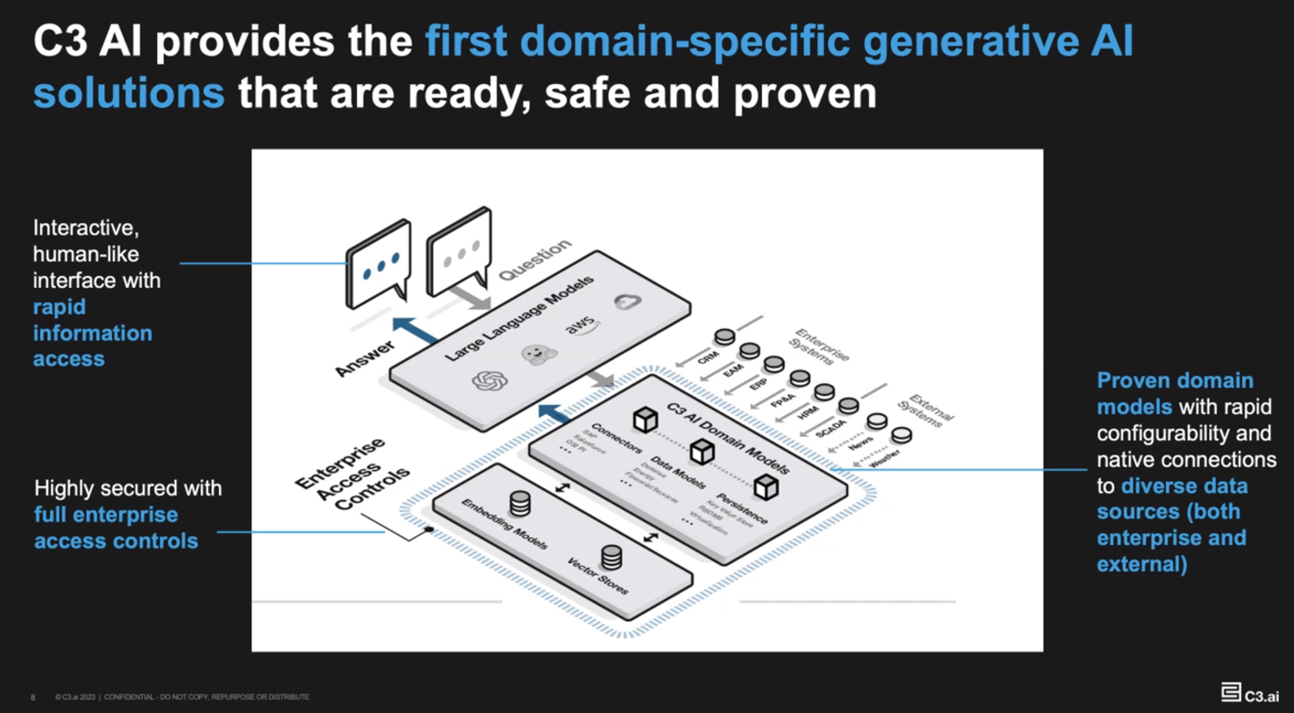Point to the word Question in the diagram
[535, 260]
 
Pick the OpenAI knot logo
[490, 381]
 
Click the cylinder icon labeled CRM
[724, 337]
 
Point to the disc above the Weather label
[901, 435]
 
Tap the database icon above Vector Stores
[611, 557]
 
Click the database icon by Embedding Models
[520, 503]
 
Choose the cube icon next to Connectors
[646, 418]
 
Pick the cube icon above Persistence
[766, 486]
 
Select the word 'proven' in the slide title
[804, 93]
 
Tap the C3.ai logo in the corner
[1250, 693]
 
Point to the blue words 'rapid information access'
[92, 333]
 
